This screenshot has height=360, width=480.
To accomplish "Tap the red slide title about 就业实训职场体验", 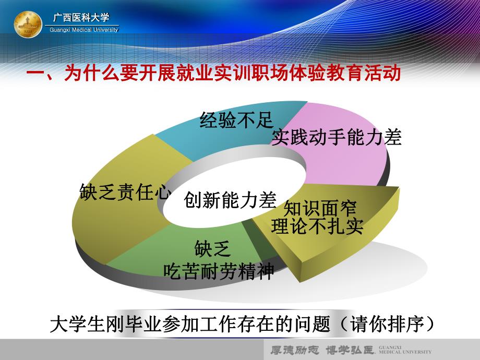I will click(213, 74).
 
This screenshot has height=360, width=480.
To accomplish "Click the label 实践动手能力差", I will click(337, 137).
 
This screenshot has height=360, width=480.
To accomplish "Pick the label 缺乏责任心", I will click(125, 191).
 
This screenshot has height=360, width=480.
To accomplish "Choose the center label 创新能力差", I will click(230, 199).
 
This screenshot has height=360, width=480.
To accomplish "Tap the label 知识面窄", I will click(319, 209).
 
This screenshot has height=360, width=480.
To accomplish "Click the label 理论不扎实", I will click(317, 227).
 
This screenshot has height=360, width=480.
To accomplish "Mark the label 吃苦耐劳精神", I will click(219, 271).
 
